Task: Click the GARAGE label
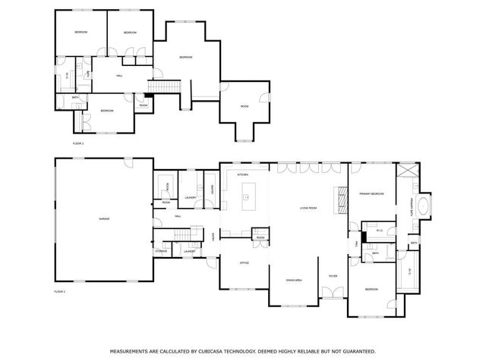[x=104, y=218]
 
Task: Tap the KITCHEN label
[x=243, y=175]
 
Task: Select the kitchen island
[x=246, y=200]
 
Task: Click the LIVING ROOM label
[x=308, y=208]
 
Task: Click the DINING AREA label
[x=293, y=280]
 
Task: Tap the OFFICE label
[x=245, y=262]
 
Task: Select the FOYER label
[x=333, y=276]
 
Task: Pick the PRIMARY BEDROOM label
[x=371, y=194]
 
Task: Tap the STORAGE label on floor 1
[x=161, y=251]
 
